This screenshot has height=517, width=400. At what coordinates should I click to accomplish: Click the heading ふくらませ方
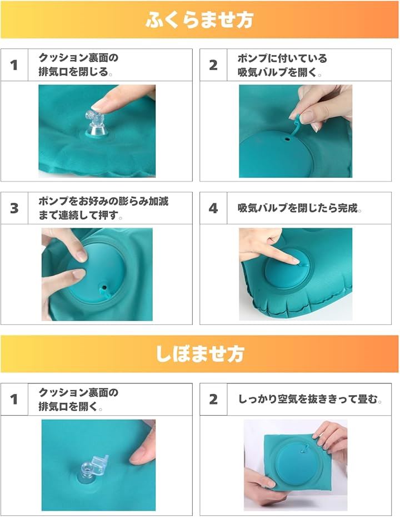coord(199,20)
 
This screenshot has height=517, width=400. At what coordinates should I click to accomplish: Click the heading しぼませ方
coord(199,354)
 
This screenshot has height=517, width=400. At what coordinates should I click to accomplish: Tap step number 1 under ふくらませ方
coord(14,65)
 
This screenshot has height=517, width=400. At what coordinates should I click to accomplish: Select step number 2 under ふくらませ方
coord(213,65)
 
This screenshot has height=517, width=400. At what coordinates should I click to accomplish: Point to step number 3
coord(14,208)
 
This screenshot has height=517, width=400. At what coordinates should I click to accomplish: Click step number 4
coord(213,208)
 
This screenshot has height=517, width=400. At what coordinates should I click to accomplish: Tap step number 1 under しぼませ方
coord(14,399)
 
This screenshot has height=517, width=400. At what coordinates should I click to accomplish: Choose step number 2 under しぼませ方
coord(213,399)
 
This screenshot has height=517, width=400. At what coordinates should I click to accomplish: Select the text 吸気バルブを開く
coord(277,72)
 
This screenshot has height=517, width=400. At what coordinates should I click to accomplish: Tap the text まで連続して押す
coord(78,215)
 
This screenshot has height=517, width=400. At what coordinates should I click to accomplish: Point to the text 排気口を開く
coord(68,407)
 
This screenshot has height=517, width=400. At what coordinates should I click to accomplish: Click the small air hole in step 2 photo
coord(288,139)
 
